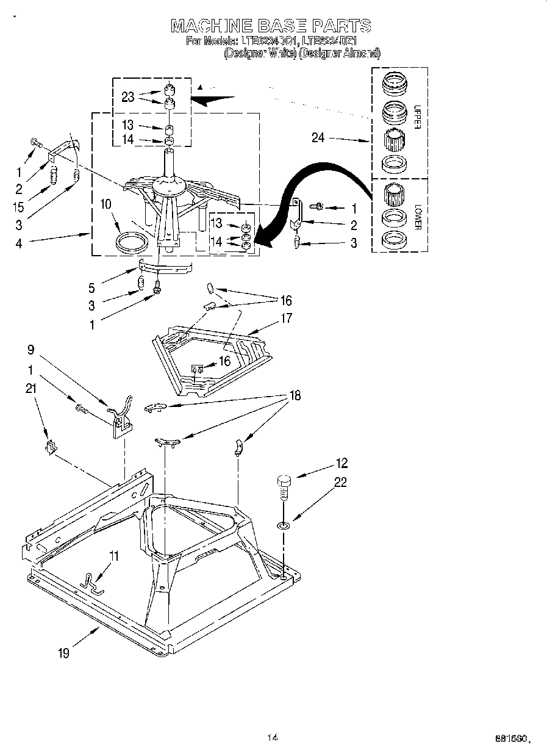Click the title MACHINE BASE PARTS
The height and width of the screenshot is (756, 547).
click(271, 26)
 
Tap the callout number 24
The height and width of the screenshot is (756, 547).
click(318, 138)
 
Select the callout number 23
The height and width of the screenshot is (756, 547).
click(128, 96)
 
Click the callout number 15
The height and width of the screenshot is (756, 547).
click(19, 207)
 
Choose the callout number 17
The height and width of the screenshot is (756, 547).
click(286, 318)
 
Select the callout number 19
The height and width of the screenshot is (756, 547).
click(63, 653)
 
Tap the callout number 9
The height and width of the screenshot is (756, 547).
click(31, 350)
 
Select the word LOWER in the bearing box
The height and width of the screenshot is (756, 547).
click(418, 217)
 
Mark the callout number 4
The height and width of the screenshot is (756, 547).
click(19, 242)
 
